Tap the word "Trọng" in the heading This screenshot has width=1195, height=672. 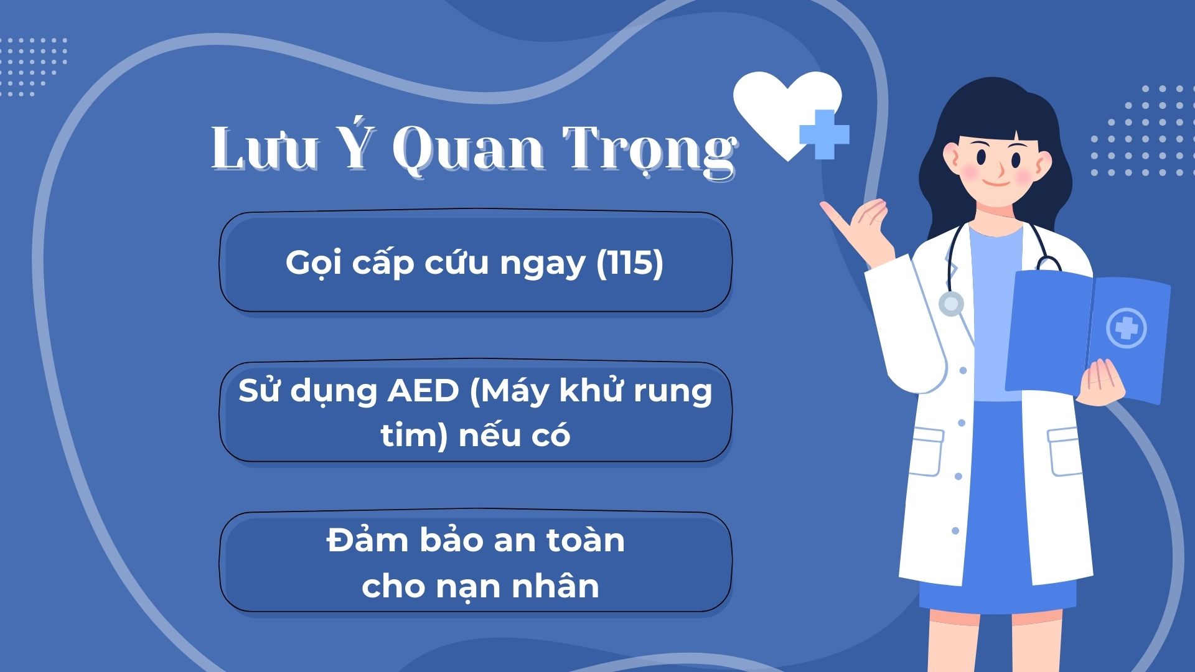tap(650, 152)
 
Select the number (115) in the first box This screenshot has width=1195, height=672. tap(629, 262)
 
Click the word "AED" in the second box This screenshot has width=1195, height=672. tap(423, 391)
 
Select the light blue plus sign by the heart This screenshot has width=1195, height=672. tap(824, 134)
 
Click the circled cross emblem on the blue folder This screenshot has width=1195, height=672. tap(1127, 328)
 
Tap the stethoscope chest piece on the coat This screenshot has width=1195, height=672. tap(950, 304)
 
